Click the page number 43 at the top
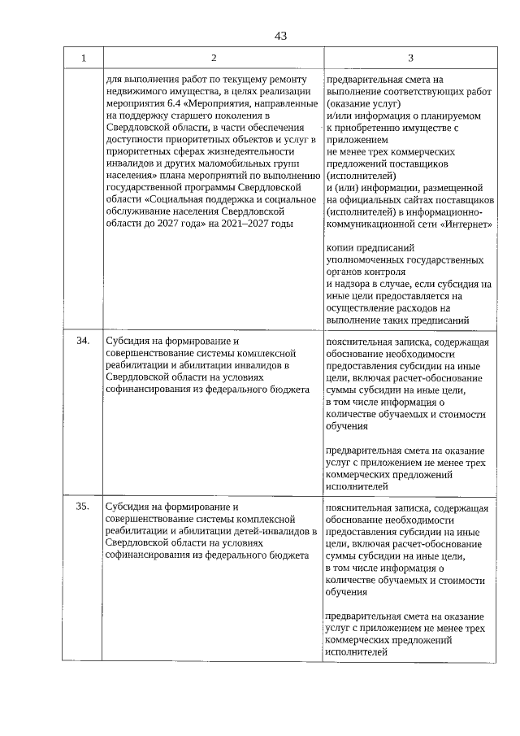pos(281,36)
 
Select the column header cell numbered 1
pos(83,58)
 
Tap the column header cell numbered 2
pos(213,58)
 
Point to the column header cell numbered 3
pos(410,58)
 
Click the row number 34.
pos(83,341)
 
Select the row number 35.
pos(83,507)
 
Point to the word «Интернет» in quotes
pos(465,223)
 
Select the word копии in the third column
pos(339,246)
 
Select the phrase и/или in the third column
pos(338,116)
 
